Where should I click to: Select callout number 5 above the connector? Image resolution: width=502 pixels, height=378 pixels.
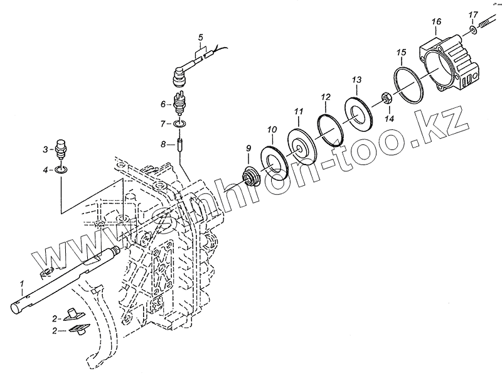coord(200,37)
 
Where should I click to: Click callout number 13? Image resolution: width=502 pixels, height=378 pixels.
coord(356,80)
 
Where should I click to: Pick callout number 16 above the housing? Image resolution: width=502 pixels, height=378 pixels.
coord(436,23)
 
